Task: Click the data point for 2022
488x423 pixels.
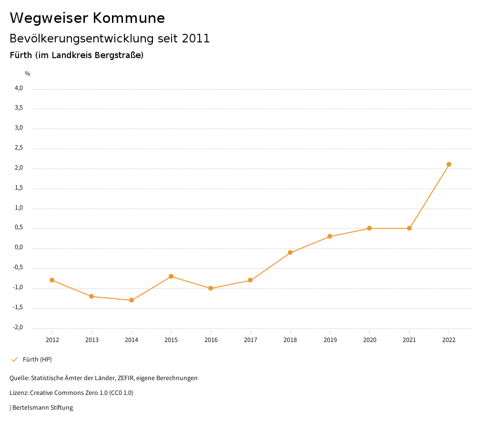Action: [448, 164]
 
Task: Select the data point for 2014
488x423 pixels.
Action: [132, 300]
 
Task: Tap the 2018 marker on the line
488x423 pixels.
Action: [290, 252]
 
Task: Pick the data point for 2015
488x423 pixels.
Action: [171, 276]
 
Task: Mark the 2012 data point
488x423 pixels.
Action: [52, 280]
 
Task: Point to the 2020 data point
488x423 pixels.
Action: [369, 228]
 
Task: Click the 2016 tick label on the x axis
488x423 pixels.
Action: [211, 340]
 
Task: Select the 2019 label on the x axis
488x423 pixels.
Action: [330, 340]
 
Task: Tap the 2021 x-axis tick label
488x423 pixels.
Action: [409, 340]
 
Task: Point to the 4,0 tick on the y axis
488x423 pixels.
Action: [19, 88]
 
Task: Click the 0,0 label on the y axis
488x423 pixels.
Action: [19, 248]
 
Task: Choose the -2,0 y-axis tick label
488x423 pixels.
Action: [18, 327]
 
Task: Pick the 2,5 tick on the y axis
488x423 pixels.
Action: [19, 148]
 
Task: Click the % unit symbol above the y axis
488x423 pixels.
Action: [28, 74]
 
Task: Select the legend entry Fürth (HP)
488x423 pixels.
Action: [37, 359]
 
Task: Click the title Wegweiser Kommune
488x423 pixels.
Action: [87, 18]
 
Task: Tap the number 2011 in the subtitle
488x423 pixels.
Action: [196, 39]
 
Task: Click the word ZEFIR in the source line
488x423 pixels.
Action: [126, 378]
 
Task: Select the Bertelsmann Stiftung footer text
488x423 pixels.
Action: [42, 408]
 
